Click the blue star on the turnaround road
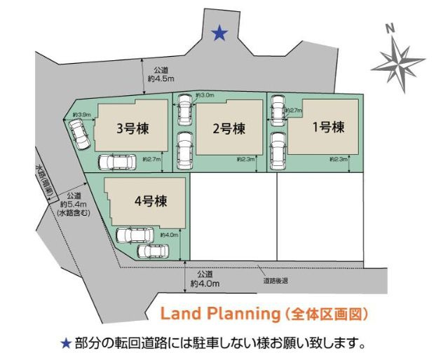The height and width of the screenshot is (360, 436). (x=220, y=32)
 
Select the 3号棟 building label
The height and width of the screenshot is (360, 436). (x=131, y=128)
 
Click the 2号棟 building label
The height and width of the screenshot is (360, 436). (x=229, y=128)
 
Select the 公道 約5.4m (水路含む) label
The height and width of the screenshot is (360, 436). (x=73, y=204)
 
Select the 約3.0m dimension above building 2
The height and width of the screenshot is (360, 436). (x=205, y=95)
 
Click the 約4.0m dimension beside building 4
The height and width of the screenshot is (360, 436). (x=169, y=235)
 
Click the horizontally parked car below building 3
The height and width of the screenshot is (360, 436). (x=119, y=162)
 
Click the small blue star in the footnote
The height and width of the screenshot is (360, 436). (x=66, y=343)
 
